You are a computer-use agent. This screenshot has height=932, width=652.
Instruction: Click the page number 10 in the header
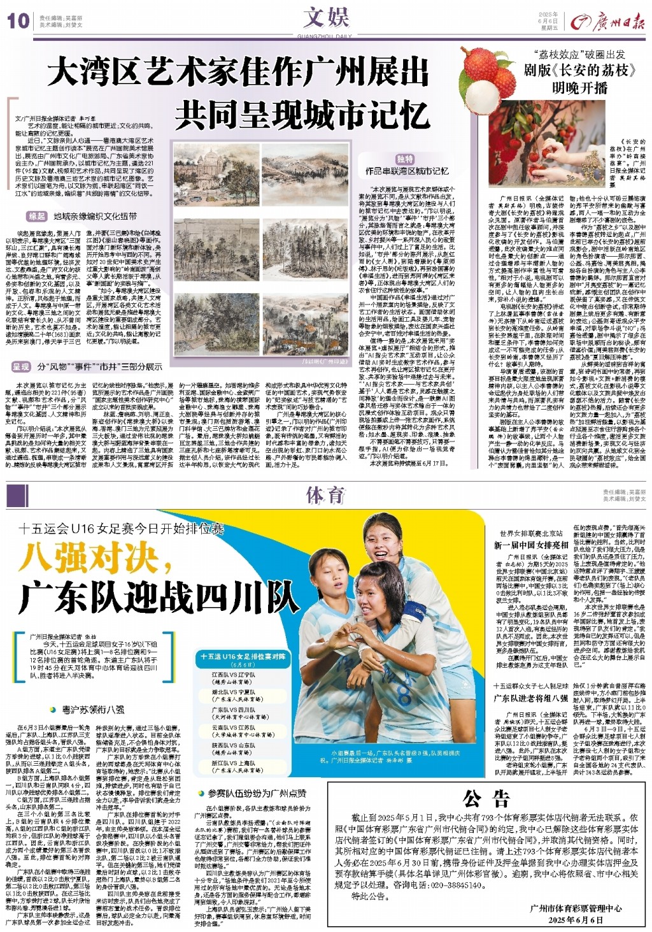tap(18, 21)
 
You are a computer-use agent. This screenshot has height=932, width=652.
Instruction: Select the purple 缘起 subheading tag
tap(37, 217)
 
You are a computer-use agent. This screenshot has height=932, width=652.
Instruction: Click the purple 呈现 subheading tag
tap(21, 367)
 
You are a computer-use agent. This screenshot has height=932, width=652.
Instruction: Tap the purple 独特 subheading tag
tap(405, 159)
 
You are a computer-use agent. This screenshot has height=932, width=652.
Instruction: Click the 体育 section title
tap(325, 495)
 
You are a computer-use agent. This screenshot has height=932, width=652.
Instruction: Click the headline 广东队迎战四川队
tap(159, 597)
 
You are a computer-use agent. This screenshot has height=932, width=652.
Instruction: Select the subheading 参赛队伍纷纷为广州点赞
tap(257, 793)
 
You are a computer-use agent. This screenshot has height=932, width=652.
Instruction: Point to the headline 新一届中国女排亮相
tap(531, 545)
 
